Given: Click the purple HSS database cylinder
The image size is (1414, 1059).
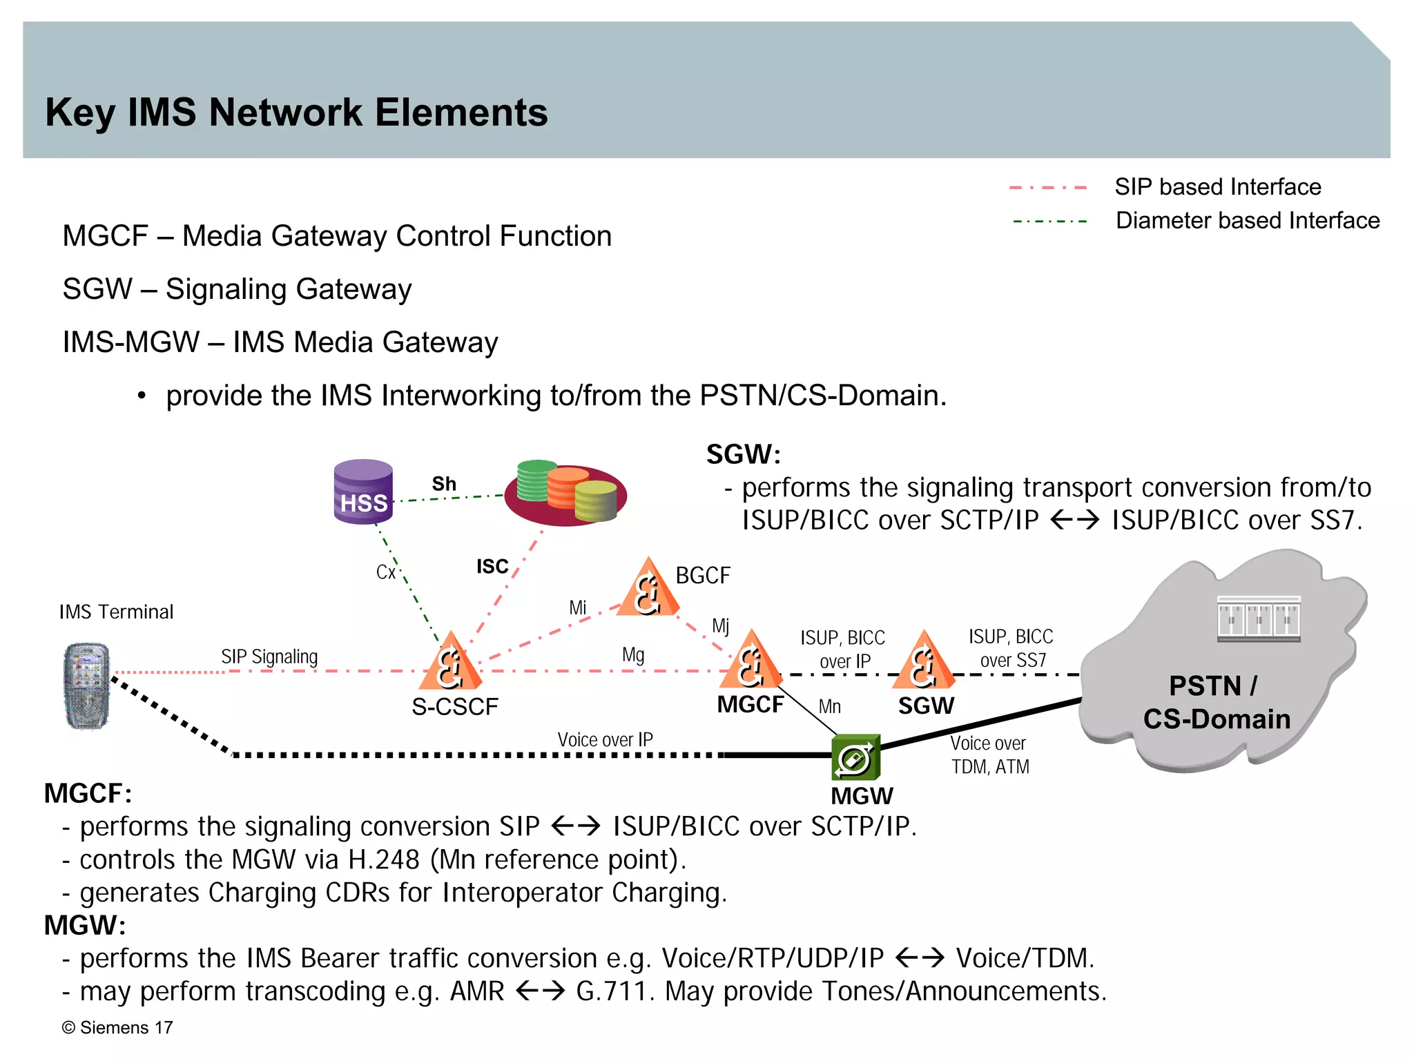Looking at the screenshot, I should tap(363, 492).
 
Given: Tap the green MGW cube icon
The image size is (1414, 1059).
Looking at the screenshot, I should tap(855, 758).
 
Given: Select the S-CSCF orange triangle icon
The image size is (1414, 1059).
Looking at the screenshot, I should tap(450, 663).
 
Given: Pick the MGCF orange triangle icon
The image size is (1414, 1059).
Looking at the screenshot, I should tap(750, 662).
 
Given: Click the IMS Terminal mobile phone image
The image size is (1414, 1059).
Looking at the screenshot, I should tap(86, 686).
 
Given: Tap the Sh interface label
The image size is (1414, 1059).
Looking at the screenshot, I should tap(444, 484).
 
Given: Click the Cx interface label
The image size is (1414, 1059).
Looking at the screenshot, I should tap(386, 572).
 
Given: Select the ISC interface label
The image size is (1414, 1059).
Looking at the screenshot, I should tap(492, 567).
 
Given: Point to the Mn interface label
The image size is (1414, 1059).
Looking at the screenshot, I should tap(829, 707).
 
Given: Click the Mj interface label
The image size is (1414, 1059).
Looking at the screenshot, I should tap(720, 625).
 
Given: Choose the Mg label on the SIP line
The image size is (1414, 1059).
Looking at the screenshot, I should tap(633, 654).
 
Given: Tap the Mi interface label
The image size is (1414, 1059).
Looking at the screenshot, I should tap(577, 608).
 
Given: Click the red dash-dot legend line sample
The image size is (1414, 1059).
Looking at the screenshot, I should tap(1047, 188).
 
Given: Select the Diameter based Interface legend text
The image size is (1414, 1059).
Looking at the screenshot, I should tap(1247, 221).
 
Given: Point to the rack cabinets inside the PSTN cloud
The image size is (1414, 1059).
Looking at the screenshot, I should tap(1258, 619).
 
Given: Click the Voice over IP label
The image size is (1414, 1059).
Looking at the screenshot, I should tap(605, 740).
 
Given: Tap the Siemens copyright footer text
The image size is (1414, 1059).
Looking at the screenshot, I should tap(117, 1027).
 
